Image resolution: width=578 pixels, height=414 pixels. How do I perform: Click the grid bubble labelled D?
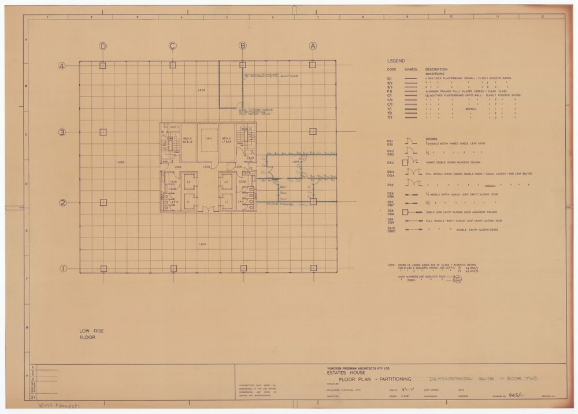click(x=103, y=46)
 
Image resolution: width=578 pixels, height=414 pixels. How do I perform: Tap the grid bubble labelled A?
click(x=313, y=46)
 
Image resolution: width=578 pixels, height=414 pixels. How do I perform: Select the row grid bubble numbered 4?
click(x=62, y=65)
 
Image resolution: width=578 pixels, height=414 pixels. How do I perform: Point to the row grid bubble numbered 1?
click(x=62, y=269)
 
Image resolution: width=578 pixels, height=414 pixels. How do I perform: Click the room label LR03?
click(x=202, y=90)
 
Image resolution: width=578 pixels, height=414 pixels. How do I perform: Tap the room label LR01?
click(x=203, y=245)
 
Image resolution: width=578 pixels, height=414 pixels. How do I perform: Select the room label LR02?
click(x=121, y=162)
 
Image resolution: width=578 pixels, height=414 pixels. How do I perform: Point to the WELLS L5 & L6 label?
click(x=188, y=140)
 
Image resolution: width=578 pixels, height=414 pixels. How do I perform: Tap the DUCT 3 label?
click(x=173, y=127)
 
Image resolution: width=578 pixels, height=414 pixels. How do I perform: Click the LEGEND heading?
click(x=397, y=61)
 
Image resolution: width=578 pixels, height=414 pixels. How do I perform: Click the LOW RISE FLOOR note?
click(x=91, y=334)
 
